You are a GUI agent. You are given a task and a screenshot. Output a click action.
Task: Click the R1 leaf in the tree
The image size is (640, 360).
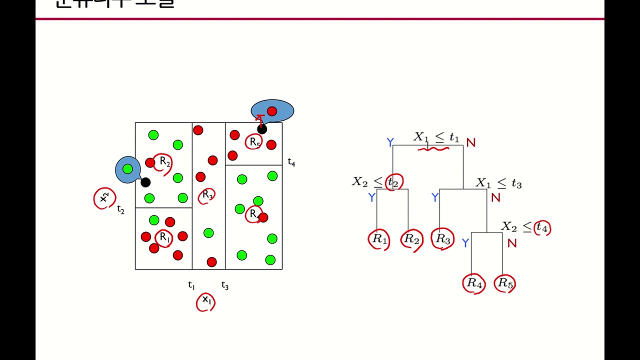pos(379,239)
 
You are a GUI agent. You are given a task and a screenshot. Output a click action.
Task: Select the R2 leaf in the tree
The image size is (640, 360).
pos(411,239)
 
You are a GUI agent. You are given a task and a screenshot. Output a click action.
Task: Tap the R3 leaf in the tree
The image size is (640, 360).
pos(443,239)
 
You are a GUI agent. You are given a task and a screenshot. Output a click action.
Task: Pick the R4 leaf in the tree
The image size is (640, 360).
pos(474,283)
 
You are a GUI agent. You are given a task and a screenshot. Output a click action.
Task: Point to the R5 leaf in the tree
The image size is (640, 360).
pos(505,283)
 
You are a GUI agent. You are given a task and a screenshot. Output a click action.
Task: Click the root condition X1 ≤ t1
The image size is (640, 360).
pos(436,137)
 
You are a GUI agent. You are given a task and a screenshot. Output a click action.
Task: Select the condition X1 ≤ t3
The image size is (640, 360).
pos(498,183)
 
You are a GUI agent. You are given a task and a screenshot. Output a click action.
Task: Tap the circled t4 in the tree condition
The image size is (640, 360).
pos(542,228)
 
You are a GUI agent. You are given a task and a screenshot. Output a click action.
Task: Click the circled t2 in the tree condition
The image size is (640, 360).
pos(393,181)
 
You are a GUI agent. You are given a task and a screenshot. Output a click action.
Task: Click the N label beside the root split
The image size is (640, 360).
pos(470,143)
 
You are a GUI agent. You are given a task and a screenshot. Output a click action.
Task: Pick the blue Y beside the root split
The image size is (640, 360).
pos(390,143)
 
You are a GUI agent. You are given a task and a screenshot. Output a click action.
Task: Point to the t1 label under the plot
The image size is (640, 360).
pos(191,285)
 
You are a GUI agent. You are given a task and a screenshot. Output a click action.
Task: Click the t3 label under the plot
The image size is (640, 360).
pos(225,285)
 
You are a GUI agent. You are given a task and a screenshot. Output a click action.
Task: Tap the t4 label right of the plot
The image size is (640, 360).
pos(291,162)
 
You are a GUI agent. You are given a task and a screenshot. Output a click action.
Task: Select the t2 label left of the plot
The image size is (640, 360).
pos(120,209)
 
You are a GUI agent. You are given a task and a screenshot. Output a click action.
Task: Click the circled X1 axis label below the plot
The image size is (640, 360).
pos(205,300)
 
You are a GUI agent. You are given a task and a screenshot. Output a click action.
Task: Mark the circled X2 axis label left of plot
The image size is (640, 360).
pos(104,198)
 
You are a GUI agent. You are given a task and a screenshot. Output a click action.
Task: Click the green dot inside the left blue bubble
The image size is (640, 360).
pos(127,169)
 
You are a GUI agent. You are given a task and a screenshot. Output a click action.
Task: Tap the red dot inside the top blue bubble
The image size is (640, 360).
pos(272,111)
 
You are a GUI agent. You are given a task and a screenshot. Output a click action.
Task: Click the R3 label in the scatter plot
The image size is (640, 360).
pos(207,195)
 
